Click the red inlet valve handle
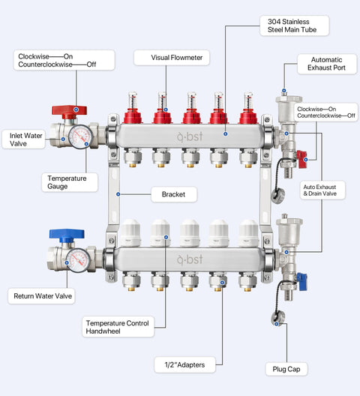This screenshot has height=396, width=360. click(x=69, y=110)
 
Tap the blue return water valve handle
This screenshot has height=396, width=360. click(x=67, y=234)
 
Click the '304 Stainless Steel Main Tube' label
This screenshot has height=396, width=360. click(x=295, y=25)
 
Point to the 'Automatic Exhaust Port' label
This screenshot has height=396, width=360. click(x=327, y=64)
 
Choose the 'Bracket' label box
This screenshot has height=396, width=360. click(x=174, y=194)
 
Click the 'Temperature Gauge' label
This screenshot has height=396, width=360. click(x=70, y=182)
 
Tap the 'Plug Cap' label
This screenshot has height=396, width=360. click(x=286, y=369)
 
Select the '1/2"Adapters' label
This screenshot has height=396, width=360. click(x=184, y=364)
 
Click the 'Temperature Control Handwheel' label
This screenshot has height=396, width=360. click(x=118, y=327)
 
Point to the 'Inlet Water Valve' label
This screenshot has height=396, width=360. click(x=23, y=139)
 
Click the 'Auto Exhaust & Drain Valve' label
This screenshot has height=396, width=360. click(x=322, y=190)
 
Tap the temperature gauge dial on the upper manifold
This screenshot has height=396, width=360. click(x=80, y=136)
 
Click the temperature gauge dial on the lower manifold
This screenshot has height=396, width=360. click(x=78, y=260)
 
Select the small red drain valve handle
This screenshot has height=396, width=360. click(x=302, y=159)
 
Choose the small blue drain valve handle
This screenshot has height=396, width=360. click(x=302, y=281)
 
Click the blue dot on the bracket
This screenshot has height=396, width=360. click(x=118, y=194)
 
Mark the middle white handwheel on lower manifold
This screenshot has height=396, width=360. click(x=190, y=232)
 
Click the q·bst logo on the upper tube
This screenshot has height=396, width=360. click(x=190, y=136)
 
